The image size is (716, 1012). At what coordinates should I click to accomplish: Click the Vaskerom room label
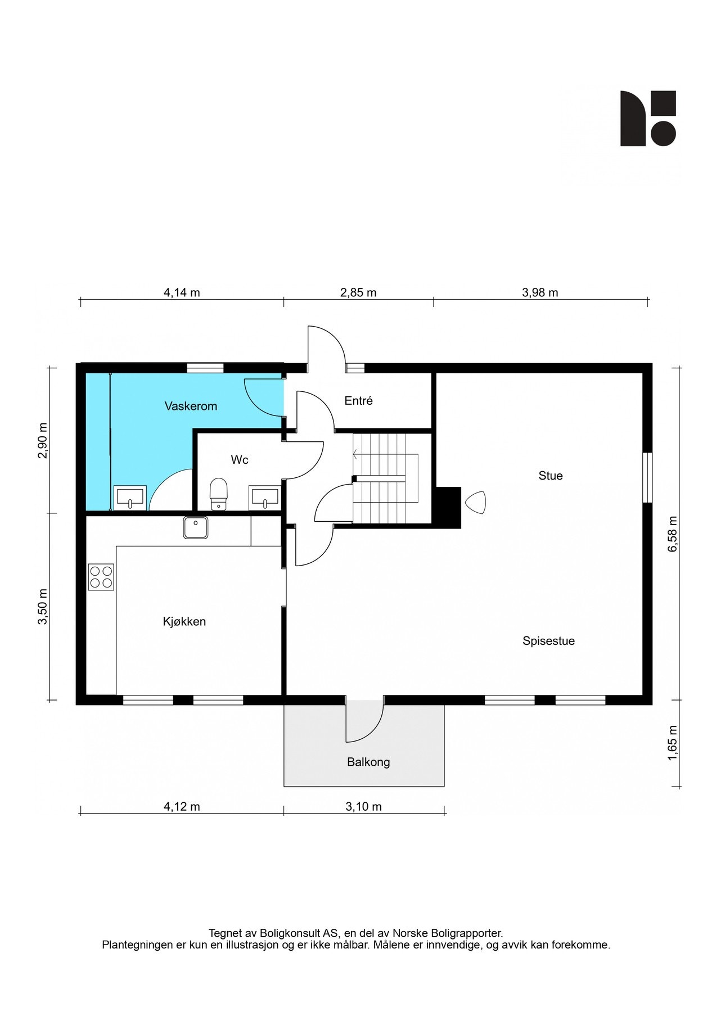(191, 406)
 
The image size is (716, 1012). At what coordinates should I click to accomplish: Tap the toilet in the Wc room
(218, 494)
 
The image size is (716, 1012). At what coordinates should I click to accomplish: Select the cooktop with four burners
(101, 577)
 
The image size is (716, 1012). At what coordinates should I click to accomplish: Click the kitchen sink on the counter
(195, 527)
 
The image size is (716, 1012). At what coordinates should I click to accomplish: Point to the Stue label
(550, 476)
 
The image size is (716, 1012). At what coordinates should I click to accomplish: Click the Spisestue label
(548, 641)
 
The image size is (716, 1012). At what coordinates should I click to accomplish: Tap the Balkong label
(368, 762)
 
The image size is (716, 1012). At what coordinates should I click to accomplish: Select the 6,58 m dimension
(673, 534)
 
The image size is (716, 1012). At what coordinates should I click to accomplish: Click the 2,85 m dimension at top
(358, 292)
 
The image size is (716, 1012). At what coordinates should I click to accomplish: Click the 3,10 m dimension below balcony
(363, 806)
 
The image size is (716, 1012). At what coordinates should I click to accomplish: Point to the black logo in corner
(648, 118)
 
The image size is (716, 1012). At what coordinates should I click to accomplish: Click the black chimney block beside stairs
(448, 507)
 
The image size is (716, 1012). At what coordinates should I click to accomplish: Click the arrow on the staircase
(355, 454)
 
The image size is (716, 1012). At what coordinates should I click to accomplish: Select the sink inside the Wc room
(265, 497)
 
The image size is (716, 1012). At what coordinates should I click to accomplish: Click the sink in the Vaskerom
(130, 498)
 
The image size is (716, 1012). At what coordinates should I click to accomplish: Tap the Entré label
(358, 401)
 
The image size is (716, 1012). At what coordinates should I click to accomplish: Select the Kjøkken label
(184, 621)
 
